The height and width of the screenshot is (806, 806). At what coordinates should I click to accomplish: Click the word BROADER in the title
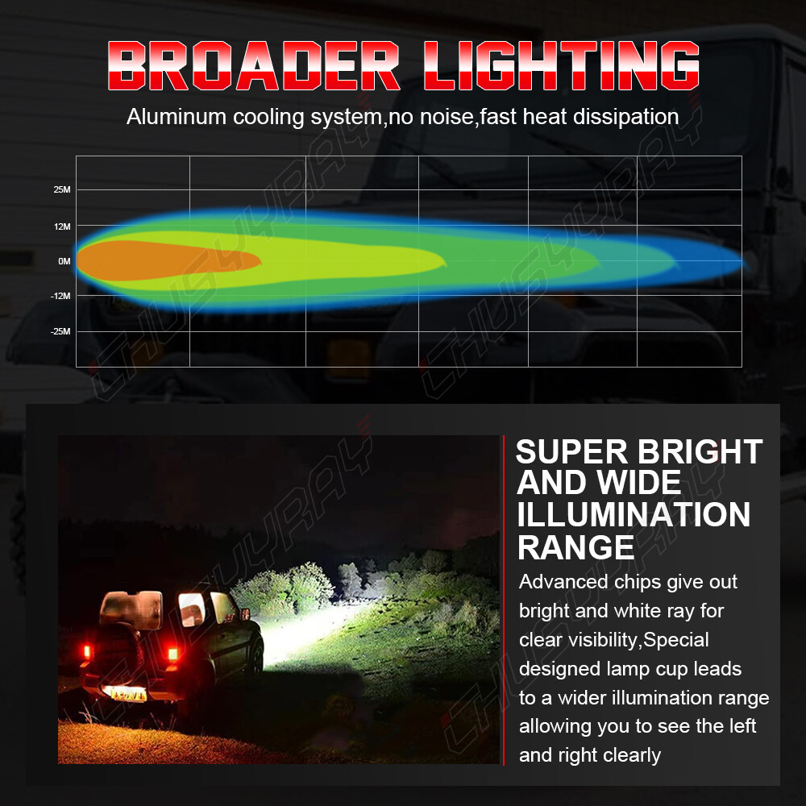[253, 65]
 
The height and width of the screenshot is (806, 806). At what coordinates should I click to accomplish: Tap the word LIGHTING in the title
[562, 65]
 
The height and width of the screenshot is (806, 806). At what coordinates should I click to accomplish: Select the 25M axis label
[62, 189]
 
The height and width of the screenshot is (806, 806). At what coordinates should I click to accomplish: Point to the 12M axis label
[62, 226]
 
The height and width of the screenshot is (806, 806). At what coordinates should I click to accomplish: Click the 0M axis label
[64, 261]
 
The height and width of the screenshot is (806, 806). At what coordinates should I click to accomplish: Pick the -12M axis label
[60, 296]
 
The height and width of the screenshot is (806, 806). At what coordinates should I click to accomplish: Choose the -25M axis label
[60, 331]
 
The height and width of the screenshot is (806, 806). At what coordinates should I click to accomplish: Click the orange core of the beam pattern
[164, 260]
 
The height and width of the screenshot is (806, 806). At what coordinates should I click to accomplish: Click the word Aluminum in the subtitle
[177, 117]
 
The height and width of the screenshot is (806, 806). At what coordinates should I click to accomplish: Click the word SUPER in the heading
[571, 452]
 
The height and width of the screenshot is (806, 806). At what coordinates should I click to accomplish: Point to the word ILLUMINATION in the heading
[634, 515]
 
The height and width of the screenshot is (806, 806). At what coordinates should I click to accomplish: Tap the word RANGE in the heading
[575, 547]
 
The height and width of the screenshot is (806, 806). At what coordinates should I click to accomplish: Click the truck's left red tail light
[87, 652]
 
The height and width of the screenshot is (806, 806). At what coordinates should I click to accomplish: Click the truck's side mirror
[245, 613]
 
